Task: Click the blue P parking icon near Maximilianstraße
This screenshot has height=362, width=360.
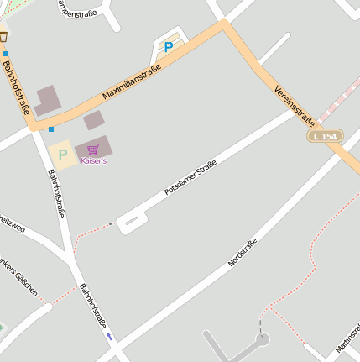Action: [169, 48]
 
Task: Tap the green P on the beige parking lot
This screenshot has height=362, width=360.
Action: [62, 155]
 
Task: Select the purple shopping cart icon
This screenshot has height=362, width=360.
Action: [92, 150]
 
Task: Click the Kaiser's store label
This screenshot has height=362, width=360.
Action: [93, 160]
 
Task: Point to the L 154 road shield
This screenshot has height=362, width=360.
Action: [324, 136]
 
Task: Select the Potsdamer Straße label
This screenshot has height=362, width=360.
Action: [190, 177]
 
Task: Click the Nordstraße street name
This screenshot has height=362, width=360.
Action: [243, 252]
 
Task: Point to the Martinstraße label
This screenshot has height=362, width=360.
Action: [347, 337]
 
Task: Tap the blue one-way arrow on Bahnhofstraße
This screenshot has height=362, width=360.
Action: [109, 337]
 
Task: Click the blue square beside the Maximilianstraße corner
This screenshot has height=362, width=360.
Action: [51, 129]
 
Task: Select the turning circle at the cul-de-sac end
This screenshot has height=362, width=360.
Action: [262, 340]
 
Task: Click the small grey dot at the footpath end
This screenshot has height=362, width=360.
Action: [110, 223]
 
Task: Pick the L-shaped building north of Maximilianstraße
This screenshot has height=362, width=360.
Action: [48, 101]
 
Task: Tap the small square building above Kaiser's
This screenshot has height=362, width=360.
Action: [93, 120]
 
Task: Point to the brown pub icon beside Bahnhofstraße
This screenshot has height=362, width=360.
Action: [3, 37]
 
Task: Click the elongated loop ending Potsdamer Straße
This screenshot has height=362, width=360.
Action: [133, 222]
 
